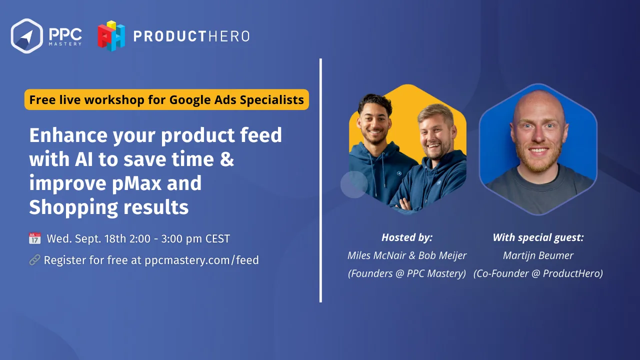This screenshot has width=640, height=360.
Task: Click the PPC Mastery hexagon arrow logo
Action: [x=27, y=36]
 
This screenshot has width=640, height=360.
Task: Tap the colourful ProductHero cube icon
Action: [x=111, y=36]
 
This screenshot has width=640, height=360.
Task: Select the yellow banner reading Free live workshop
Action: [x=166, y=99]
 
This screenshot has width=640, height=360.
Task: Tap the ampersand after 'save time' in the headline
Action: [x=227, y=159]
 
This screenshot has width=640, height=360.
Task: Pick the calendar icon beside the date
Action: [x=35, y=238]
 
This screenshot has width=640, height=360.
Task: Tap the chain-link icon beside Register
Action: [x=35, y=260]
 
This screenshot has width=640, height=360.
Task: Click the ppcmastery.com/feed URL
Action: [x=201, y=260]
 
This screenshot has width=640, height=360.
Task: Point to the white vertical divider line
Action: [x=320, y=180]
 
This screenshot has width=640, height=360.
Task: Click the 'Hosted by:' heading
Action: [x=407, y=237]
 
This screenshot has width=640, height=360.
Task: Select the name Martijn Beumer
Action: [x=538, y=255]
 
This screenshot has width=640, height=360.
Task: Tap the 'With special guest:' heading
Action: [x=538, y=237]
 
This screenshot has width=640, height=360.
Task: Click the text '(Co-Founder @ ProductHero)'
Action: [x=538, y=273]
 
